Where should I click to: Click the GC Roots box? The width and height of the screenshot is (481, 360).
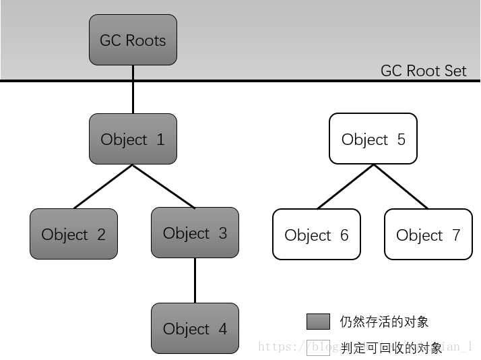click(x=133, y=40)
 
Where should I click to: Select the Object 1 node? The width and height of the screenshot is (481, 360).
click(x=133, y=139)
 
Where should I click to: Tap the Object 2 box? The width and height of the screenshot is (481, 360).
click(x=73, y=234)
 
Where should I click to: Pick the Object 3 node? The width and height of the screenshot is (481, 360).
click(x=195, y=233)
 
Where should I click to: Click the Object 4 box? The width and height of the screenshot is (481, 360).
click(x=195, y=328)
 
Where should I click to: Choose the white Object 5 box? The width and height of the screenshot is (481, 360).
click(x=373, y=139)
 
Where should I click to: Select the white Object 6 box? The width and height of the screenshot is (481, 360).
click(x=316, y=234)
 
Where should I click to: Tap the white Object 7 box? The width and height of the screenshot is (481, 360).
click(x=428, y=234)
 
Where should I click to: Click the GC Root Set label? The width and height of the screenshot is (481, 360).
click(x=423, y=71)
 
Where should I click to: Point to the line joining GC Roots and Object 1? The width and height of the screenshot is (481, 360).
click(x=133, y=90)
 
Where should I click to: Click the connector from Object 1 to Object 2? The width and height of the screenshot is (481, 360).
click(x=103, y=186)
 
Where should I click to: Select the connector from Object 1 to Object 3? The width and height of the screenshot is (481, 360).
click(x=164, y=186)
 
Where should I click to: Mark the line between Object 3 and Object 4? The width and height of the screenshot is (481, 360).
click(x=195, y=280)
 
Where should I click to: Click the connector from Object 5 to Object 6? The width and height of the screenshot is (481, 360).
click(x=345, y=187)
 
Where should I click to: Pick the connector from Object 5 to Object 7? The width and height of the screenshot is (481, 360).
click(x=400, y=187)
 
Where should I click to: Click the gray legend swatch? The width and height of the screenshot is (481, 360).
click(x=318, y=322)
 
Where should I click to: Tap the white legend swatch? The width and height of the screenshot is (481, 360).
click(x=318, y=347)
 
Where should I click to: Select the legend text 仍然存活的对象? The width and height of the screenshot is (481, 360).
click(x=384, y=322)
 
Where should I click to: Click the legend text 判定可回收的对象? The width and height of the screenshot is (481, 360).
click(x=391, y=348)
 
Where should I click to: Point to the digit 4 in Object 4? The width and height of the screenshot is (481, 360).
click(x=222, y=329)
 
